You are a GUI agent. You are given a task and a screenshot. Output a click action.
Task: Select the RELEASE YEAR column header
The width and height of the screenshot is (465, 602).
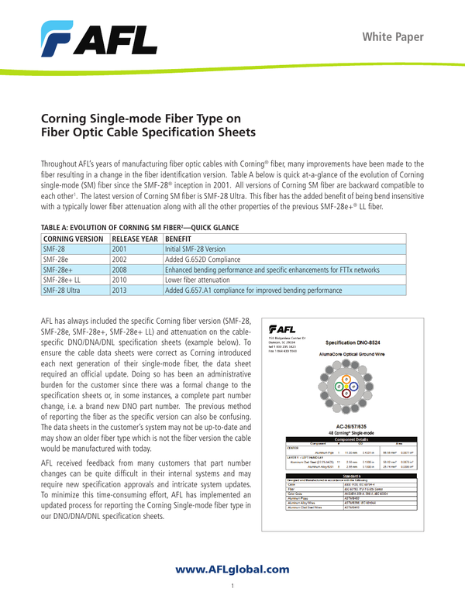[136, 240]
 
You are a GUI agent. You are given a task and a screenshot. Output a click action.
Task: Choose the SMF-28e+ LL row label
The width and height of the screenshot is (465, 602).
[63, 278]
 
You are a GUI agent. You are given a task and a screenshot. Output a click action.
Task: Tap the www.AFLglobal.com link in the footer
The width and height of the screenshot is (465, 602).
[232, 569]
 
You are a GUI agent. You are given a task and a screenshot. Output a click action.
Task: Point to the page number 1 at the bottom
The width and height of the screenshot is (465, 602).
[232, 586]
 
